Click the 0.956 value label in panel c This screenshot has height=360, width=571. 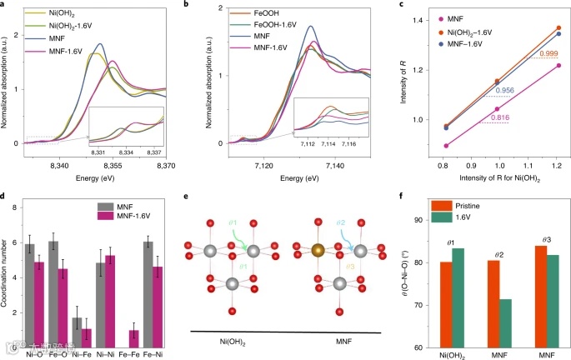504,89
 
